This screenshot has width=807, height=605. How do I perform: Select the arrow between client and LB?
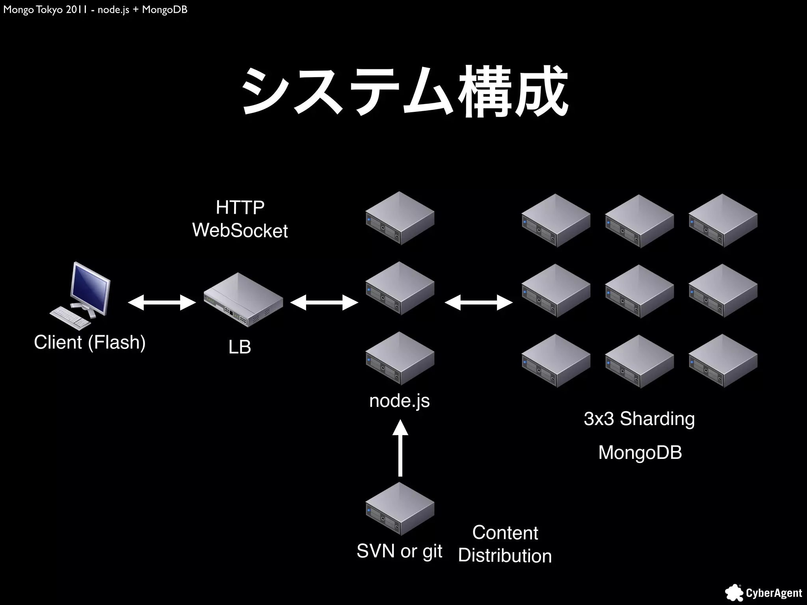162,302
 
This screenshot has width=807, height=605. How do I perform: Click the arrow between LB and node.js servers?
324,302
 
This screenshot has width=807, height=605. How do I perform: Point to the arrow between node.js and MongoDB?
478,302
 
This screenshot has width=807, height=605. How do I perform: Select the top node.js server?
400,218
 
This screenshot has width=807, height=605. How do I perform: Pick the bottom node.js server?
400,358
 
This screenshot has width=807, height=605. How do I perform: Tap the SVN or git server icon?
400,509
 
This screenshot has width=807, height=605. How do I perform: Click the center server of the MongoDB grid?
639,291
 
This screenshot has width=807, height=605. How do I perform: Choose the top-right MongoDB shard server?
723,221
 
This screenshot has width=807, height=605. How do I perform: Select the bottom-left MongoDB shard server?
556,361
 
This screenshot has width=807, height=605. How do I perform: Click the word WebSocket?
240,230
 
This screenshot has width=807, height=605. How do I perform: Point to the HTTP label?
240,208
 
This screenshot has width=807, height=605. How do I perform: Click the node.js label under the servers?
400,401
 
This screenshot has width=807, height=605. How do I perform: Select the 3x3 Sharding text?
639,419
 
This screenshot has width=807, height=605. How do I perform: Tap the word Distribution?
505,556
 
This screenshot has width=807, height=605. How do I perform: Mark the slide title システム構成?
404,93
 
